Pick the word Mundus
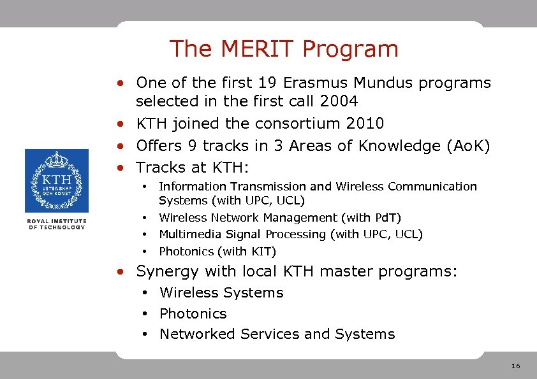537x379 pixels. (389, 83)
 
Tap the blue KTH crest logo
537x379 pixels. (56, 181)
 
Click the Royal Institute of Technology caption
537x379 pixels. (56, 224)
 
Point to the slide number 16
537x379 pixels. (516, 366)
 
